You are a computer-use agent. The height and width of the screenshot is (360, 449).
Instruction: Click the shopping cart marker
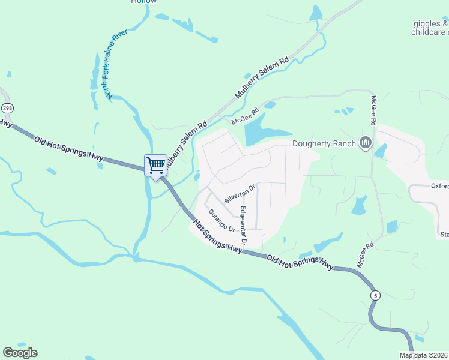tap(156, 165)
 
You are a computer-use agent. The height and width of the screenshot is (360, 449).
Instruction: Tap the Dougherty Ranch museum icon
tap(366, 143)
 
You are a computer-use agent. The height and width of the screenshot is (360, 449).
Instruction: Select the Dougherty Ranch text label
tap(324, 143)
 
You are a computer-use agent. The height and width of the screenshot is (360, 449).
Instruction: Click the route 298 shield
tap(7, 108)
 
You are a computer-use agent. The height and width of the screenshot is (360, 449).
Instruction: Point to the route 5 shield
tap(375, 295)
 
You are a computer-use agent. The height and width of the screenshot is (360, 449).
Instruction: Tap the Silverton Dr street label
tap(240, 193)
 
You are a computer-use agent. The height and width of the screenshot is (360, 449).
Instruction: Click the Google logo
tap(20, 353)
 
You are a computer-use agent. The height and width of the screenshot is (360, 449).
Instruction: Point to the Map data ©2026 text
tap(423, 355)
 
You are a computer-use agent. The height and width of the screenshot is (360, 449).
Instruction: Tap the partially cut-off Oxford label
tap(439, 186)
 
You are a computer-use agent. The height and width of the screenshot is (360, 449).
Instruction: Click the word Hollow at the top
tap(143, 2)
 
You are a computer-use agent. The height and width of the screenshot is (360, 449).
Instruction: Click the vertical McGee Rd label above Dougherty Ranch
tap(373, 110)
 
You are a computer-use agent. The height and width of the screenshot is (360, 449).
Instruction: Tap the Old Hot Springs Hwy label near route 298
tap(69, 150)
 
